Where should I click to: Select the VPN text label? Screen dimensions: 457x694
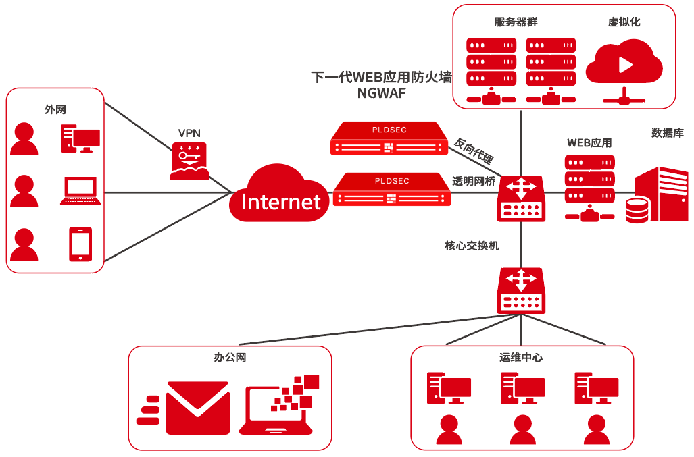tap(189, 132)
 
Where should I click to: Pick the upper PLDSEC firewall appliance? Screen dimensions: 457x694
tap(389, 138)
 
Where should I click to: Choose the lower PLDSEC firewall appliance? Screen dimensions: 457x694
tap(393, 190)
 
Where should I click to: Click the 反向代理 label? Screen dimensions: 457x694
tap(474, 152)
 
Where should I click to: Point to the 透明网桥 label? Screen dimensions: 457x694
tap(474, 180)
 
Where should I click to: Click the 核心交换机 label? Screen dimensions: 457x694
tap(472, 246)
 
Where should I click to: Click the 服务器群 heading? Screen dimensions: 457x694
tap(516, 22)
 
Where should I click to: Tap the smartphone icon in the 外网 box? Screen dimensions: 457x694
tap(80, 244)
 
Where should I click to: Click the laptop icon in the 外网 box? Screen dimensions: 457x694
tap(80, 191)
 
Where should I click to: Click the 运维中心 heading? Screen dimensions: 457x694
tap(521, 357)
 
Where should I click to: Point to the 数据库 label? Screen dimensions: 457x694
tap(667, 133)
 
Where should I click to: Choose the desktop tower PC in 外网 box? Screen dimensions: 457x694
tap(80, 139)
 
